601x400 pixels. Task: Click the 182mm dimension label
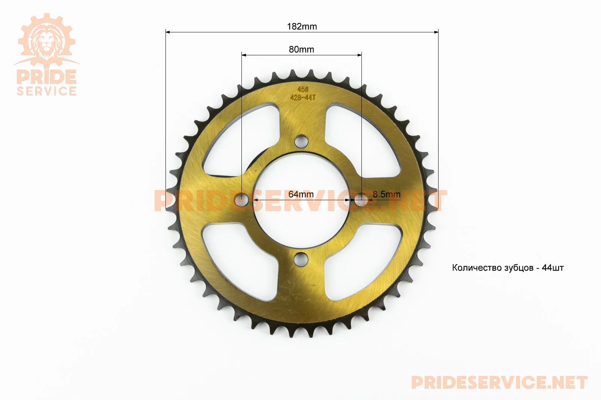pos(302,26)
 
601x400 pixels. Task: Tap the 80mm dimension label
pos(301,49)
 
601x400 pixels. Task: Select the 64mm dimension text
pos(301,194)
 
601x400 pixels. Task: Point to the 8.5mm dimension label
pos(386,194)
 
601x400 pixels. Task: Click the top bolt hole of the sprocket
pos(301,141)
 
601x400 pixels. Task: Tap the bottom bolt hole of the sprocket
pos(301,259)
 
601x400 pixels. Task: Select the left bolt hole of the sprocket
pos(242,200)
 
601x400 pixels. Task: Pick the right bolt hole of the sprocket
pos(361,200)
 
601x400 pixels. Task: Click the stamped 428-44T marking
pos(303,97)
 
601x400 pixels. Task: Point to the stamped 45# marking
pos(303,90)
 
